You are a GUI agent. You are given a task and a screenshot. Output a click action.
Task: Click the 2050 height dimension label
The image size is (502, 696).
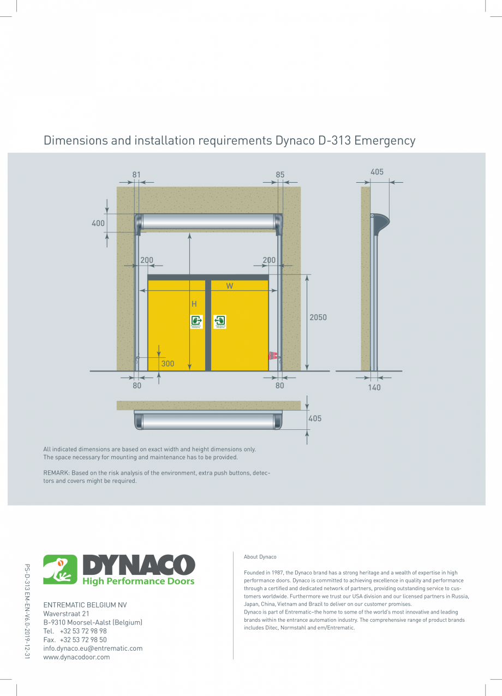tap(318, 317)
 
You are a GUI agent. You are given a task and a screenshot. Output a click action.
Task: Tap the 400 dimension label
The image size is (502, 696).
tap(98, 223)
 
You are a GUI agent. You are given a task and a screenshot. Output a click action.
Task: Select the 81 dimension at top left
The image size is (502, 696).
tap(136, 175)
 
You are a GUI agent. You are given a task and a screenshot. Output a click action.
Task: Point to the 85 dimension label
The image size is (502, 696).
tap(280, 175)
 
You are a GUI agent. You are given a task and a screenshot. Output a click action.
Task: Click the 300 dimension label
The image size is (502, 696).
tap(168, 363)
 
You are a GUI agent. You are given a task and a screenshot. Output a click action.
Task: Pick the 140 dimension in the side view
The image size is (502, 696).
tap(374, 388)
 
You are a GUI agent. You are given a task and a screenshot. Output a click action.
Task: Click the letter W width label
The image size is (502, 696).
tap(230, 286)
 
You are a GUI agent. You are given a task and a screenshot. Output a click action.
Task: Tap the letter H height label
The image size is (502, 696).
tap(194, 304)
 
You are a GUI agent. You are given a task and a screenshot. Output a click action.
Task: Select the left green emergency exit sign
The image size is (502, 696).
tap(196, 321)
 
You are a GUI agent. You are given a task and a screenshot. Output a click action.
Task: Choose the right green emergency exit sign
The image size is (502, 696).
tap(220, 321)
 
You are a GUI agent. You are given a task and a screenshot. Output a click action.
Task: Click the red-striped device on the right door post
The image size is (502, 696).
tap(273, 356)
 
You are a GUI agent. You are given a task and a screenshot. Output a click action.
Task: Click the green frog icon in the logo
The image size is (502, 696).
tap(61, 569)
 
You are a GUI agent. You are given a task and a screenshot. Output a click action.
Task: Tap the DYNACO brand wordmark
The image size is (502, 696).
tap(139, 565)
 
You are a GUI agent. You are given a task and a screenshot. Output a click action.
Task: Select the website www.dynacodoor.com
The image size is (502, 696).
tap(76, 657)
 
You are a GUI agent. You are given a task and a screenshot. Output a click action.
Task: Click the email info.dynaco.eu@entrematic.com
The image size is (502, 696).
tap(93, 649)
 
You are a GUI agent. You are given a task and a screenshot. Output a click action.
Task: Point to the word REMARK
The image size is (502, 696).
tap(56, 473)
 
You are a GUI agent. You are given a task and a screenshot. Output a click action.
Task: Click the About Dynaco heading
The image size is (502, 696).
tap(260, 557)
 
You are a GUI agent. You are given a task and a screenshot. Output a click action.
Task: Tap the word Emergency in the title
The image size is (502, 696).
tap(385, 141)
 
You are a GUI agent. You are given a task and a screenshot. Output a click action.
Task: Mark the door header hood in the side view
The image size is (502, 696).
tap(380, 221)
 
